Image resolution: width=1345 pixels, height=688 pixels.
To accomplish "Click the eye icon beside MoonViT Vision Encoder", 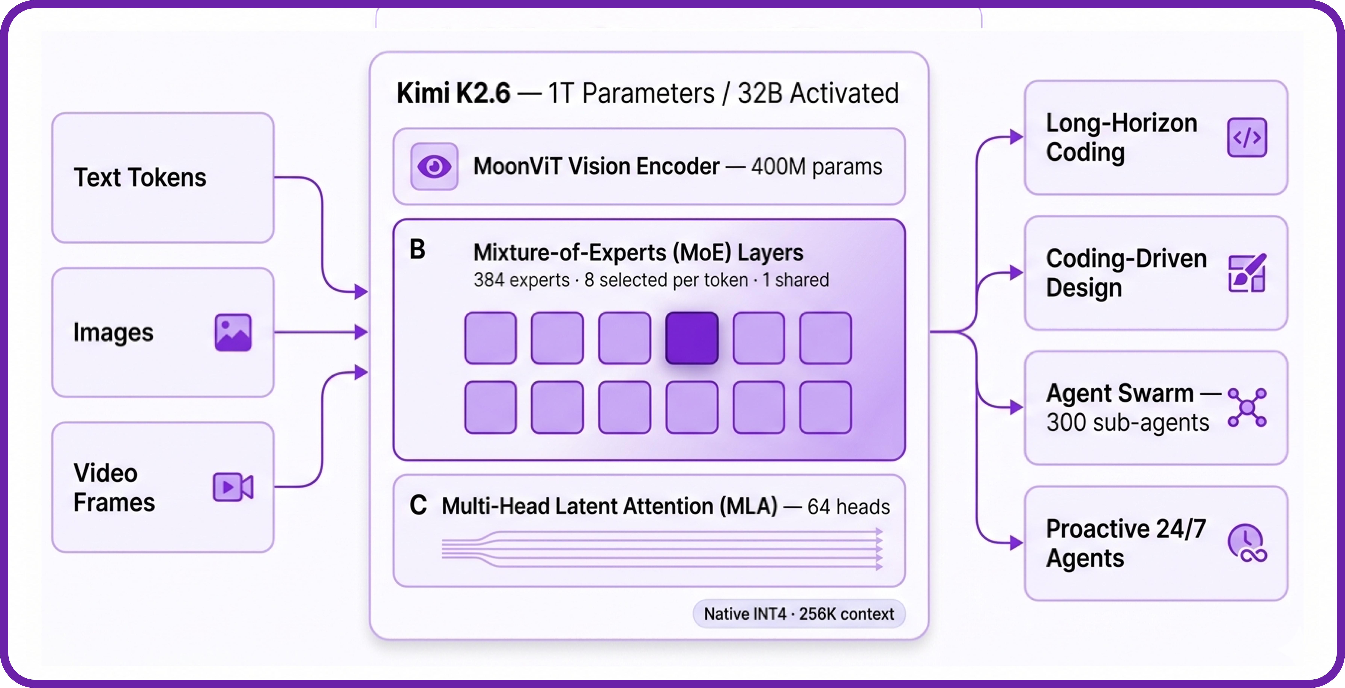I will [434, 167].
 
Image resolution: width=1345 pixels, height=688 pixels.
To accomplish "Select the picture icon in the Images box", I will [233, 332].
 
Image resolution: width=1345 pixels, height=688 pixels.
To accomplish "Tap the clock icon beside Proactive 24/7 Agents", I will [1246, 543].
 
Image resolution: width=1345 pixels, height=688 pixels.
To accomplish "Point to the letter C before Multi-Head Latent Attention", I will [418, 505].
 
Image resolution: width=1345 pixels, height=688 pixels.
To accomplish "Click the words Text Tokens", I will [140, 178].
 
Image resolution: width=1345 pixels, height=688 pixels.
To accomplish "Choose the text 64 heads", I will [848, 507].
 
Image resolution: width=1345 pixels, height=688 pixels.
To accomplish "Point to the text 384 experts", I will [521, 280].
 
